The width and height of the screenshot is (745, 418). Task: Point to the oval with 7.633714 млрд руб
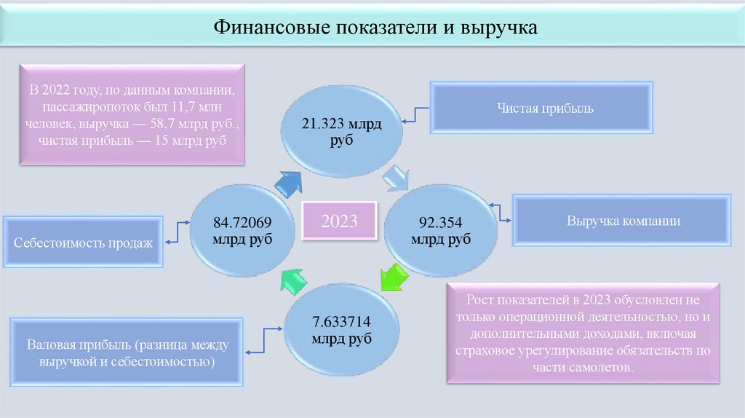(341, 331)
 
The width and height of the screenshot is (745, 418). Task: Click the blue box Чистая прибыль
(541, 109)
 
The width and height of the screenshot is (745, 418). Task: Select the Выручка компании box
(624, 221)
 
